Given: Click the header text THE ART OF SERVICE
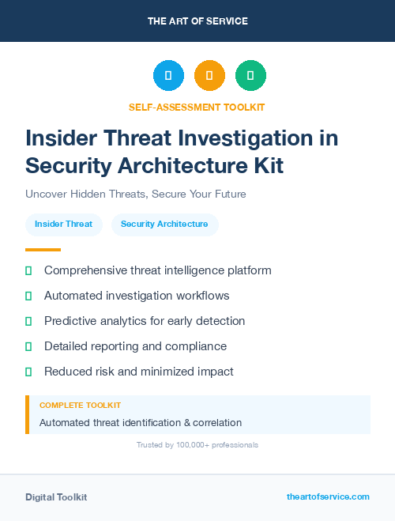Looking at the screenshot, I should click(x=197, y=21).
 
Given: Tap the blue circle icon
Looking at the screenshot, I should click(x=168, y=76).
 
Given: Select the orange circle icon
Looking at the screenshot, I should click(x=209, y=76).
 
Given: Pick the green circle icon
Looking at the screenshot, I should click(x=250, y=76).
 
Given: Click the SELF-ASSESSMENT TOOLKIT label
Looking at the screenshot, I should click(x=197, y=107).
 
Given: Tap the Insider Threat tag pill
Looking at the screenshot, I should click(x=63, y=225).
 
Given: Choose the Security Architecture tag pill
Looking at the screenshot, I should click(x=164, y=225).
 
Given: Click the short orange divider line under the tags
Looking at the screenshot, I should click(x=43, y=250).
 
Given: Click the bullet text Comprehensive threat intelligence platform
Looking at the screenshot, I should click(x=157, y=270).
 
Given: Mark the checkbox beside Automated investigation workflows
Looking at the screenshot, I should click(x=28, y=296).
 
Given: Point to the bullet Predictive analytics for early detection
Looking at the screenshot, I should click(x=145, y=321).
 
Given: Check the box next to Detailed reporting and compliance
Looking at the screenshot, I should click(x=28, y=346).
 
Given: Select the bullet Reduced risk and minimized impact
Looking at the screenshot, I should click(x=138, y=372).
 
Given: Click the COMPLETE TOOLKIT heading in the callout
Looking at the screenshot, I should click(x=80, y=406).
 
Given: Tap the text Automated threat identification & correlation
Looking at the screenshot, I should click(x=141, y=423).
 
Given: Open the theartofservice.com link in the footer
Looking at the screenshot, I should click(x=328, y=496).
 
